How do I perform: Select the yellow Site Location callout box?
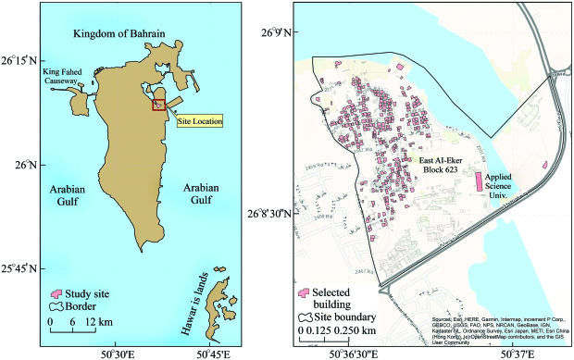(199, 121)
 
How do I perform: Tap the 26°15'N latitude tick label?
(18, 61)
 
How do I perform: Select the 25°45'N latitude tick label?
(18, 270)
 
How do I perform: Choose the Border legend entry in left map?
(75, 307)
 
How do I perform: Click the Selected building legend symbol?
(303, 292)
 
